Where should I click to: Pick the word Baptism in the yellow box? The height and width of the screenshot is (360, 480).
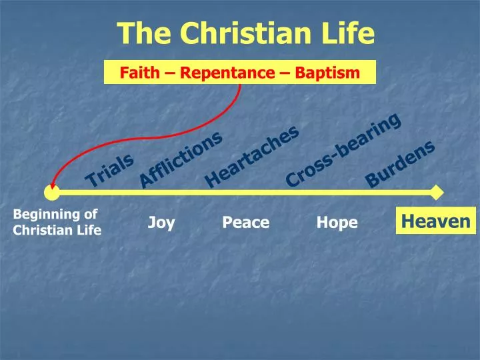coord(326,72)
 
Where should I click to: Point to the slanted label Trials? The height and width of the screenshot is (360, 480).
coord(110,170)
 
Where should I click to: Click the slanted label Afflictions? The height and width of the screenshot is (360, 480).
coord(180,159)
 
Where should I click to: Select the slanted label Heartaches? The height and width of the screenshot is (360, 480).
coord(251,157)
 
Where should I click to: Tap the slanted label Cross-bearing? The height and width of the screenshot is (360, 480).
coord(343,149)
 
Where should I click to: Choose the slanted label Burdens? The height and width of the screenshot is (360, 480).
coord(401,163)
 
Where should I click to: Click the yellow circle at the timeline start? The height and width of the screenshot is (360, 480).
coord(51,193)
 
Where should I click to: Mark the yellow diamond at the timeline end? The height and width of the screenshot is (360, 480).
coord(437,193)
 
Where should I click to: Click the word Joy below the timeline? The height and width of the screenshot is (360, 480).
coord(161,222)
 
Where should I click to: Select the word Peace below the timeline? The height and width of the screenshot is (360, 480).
coord(245,222)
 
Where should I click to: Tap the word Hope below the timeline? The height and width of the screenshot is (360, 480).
coord(337,222)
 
